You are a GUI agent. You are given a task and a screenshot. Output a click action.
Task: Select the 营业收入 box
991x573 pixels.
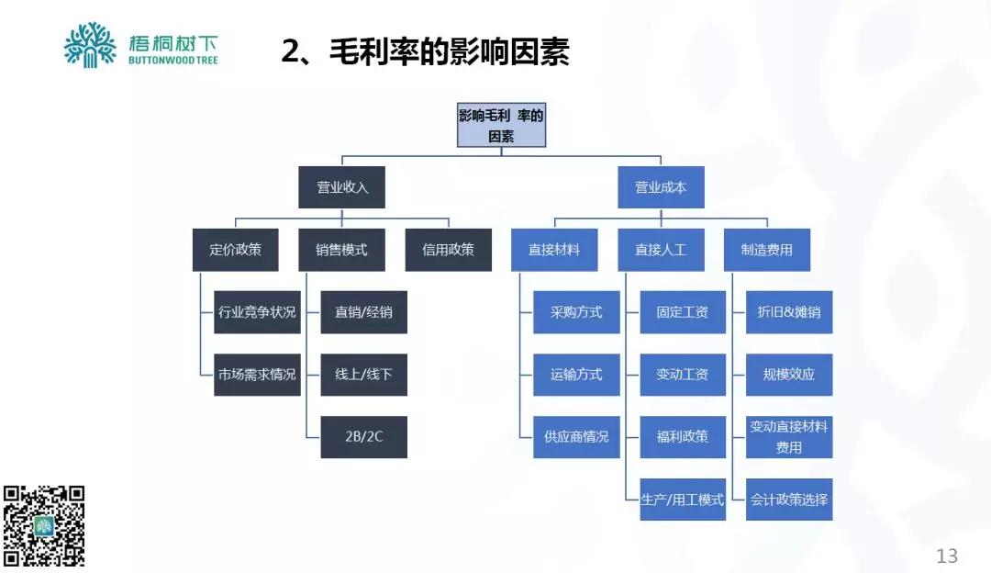pos(342,187)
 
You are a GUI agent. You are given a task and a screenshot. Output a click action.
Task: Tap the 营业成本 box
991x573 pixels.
pos(661,187)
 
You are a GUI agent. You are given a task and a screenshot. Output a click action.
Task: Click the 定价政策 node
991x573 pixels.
pos(235,249)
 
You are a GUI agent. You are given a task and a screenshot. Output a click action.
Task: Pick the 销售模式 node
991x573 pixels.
pos(342,249)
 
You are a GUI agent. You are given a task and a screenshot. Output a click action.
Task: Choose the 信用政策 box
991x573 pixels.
pos(449,249)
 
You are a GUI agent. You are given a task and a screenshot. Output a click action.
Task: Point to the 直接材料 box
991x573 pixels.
pos(554,249)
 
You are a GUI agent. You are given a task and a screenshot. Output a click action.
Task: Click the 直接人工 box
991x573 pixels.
pos(661,249)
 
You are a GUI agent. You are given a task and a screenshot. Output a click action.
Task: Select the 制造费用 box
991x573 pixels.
pos(767,249)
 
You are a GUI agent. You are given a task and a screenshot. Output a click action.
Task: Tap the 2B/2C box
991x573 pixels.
pos(364,437)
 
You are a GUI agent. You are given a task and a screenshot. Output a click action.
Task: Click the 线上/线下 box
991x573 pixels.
pos(364,375)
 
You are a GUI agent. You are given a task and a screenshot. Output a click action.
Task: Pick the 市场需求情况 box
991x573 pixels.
pos(258,375)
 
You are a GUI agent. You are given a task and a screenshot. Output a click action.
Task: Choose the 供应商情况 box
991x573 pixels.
pos(576,437)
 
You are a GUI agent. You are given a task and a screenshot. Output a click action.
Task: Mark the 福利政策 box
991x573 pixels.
pos(683,437)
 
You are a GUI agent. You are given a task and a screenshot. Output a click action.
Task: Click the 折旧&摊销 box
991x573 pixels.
pos(789,312)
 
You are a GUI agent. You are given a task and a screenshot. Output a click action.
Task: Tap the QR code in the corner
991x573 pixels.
pos(44,525)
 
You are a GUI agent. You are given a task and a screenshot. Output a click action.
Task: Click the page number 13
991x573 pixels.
pos(946,556)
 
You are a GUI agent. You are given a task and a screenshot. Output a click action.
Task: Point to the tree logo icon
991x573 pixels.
pos(90,45)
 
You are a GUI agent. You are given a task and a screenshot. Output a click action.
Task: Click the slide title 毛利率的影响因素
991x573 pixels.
pos(426,52)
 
